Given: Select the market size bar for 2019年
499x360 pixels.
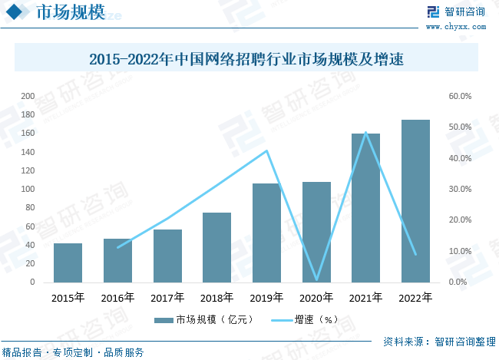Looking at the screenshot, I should [x=266, y=233].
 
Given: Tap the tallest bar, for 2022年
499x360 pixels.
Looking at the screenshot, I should [x=415, y=201].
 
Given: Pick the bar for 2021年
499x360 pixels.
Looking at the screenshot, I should [x=366, y=208].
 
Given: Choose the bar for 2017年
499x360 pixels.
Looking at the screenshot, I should [x=167, y=256].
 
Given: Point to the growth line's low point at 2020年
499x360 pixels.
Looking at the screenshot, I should [x=316, y=280].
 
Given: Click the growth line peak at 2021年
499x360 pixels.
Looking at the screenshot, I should [x=366, y=132].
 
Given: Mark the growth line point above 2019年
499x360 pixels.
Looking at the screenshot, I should [x=266, y=150].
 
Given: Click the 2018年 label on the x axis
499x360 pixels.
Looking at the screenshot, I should [x=216, y=298].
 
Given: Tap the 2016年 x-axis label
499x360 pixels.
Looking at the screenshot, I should [x=117, y=298].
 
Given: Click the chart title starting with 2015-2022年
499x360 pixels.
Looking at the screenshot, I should [x=246, y=58].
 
